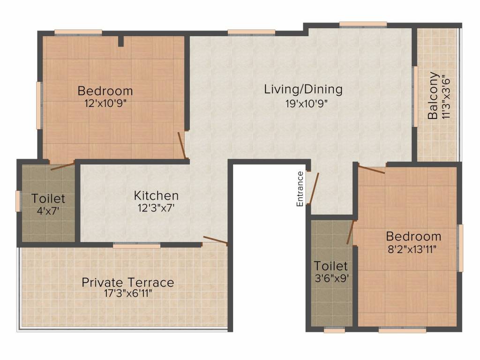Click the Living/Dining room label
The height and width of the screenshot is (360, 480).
(x=303, y=89)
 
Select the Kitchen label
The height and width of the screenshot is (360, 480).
(x=156, y=195)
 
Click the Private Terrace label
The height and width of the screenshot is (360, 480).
(x=127, y=283)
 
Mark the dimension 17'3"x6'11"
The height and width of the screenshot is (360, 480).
(x=127, y=294)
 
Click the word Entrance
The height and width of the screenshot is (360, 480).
(x=300, y=188)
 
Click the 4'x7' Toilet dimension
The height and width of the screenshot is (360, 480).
(x=48, y=211)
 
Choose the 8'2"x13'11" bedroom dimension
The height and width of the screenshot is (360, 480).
(x=413, y=249)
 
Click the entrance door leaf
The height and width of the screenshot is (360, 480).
(x=313, y=189)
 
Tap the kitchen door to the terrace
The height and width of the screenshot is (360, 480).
(x=215, y=240)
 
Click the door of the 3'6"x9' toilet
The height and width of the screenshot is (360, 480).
(x=350, y=233)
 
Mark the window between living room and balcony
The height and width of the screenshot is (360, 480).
(x=415, y=96)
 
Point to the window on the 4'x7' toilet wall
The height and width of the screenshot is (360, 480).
(x=18, y=201)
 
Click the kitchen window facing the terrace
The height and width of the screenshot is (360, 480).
(x=136, y=245)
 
